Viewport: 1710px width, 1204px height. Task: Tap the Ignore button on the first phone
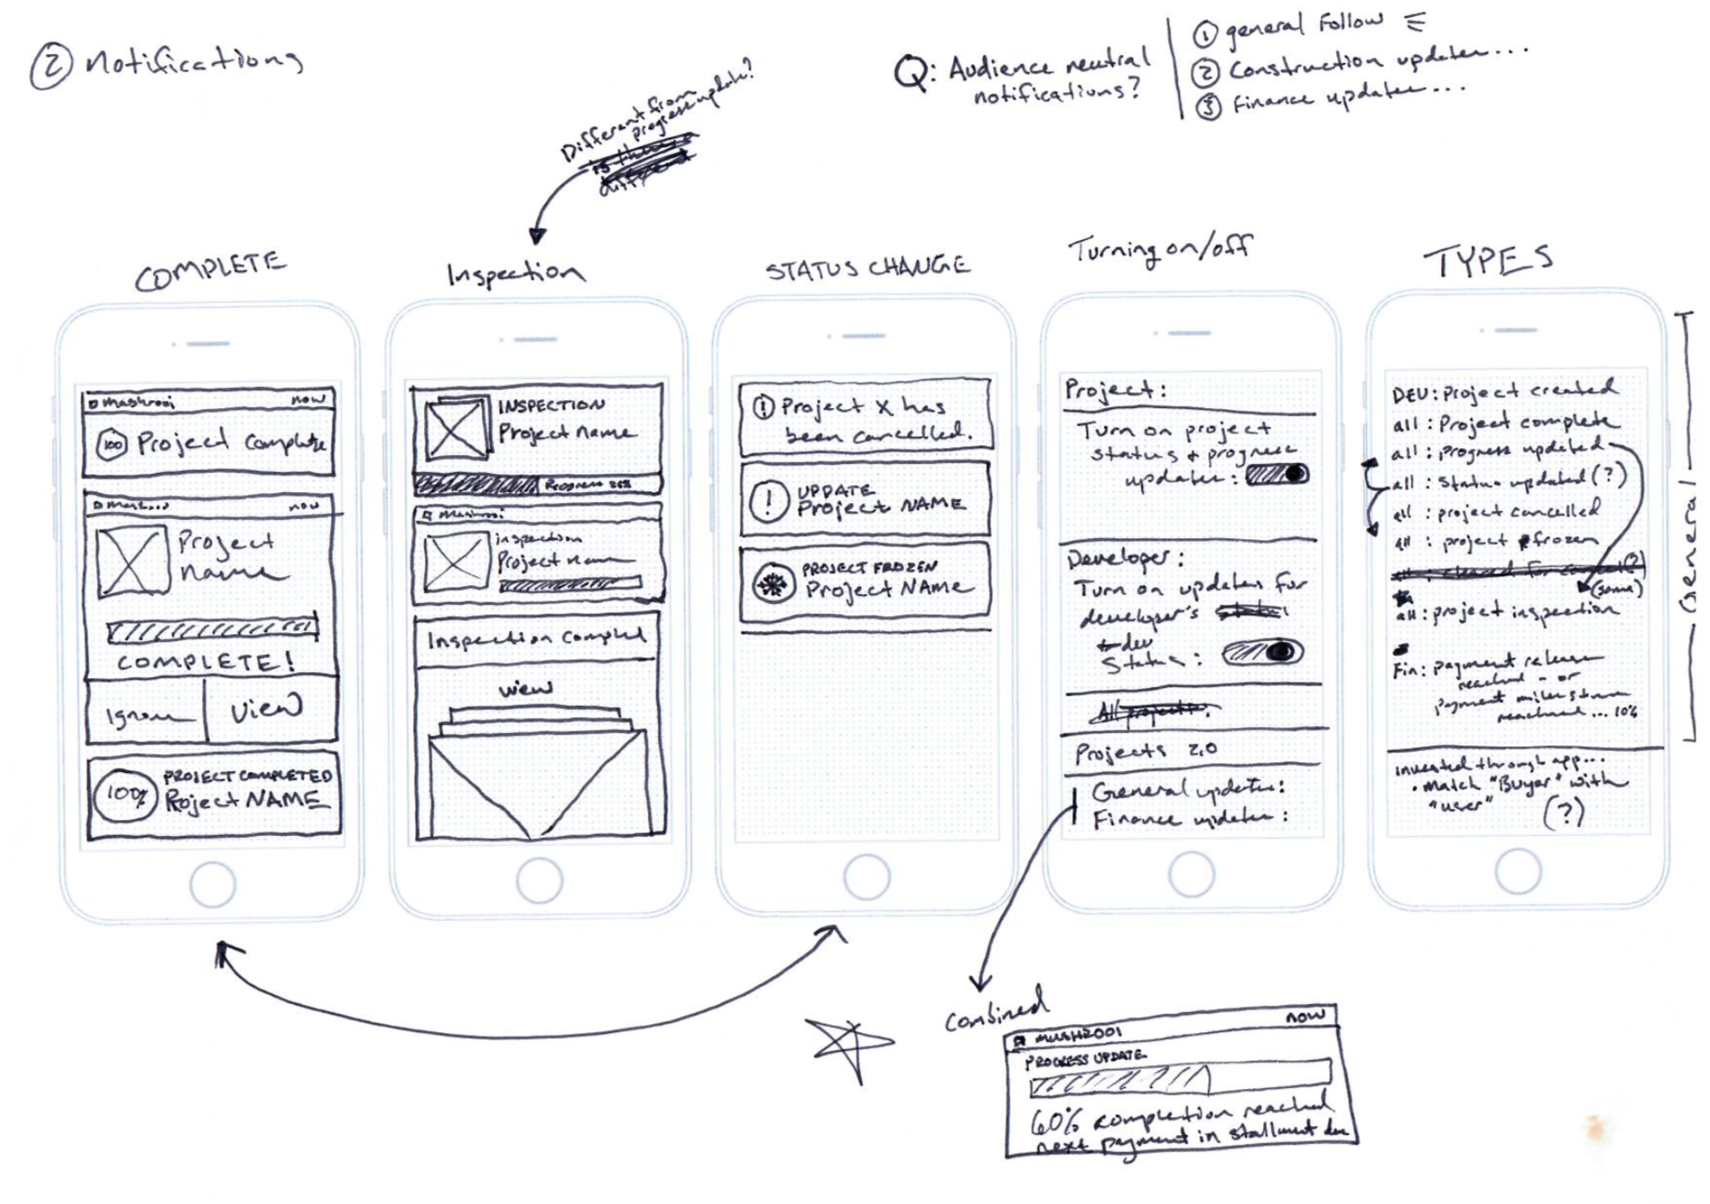click(146, 714)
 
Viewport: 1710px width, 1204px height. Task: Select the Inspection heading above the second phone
click(515, 274)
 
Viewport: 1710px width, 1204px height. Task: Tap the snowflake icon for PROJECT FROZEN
click(774, 584)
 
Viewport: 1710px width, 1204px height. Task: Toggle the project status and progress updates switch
click(1276, 475)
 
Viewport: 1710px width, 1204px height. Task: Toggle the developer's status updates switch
click(1263, 653)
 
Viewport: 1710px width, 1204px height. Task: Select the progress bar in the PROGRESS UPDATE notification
click(1181, 1078)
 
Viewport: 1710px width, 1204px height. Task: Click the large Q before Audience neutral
click(912, 73)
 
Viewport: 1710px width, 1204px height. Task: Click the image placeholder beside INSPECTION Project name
click(457, 429)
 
